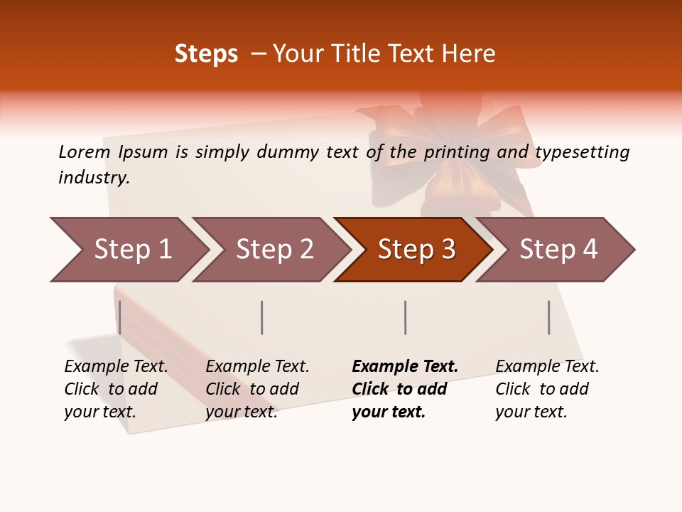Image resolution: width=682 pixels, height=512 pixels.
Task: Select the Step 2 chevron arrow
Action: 274,250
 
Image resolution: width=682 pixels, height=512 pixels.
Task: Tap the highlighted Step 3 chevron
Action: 416,250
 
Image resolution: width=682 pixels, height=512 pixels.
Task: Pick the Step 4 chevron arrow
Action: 558,250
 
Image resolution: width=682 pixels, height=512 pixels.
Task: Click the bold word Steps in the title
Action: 206,54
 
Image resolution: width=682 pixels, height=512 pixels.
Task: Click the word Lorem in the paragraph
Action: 84,151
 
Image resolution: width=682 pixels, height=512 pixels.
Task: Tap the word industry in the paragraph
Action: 93,178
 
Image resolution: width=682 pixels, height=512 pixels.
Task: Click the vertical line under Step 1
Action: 120,317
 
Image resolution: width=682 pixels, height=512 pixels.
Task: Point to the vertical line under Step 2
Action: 262,317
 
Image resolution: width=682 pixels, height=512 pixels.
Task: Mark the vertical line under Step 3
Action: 405,317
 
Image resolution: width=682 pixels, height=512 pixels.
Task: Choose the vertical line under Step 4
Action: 548,317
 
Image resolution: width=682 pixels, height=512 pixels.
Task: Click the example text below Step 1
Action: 115,389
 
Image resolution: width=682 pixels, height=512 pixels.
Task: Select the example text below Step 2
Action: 256,389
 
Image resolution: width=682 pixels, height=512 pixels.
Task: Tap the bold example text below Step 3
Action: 404,389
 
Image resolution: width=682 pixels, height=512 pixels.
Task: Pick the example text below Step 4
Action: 546,389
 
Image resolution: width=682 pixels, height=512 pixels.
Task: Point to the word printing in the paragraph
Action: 457,152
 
